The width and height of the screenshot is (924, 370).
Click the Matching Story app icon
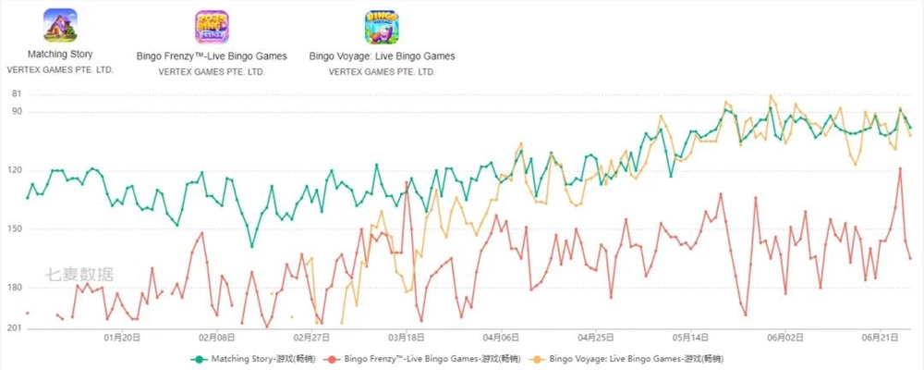pos(60,26)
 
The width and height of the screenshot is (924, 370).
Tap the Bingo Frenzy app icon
pos(212,27)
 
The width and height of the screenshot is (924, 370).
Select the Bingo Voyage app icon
pos(382,27)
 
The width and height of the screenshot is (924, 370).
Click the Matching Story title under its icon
pos(60,55)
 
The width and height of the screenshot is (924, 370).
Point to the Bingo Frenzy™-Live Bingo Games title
pos(212,56)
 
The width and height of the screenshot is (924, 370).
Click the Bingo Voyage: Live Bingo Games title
pos(382,56)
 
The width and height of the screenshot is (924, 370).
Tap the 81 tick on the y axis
pos(17,94)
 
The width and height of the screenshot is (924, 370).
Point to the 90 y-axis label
pos(17,112)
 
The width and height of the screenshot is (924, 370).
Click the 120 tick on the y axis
pos(15,171)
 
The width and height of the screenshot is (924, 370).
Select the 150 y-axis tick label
pos(15,229)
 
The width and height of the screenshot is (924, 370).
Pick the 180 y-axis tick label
pos(15,288)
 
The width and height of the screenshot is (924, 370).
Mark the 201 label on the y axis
pos(15,328)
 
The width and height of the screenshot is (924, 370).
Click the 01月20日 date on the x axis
pos(123,339)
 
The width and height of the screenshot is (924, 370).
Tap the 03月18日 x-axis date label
pos(407,339)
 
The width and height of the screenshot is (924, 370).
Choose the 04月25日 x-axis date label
pos(596,339)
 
